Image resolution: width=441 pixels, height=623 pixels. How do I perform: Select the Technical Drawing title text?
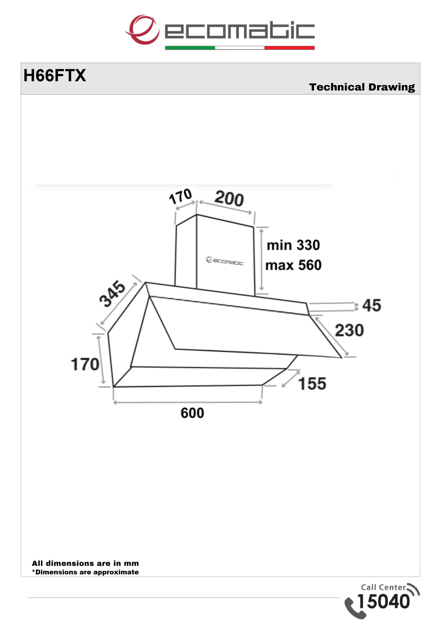pyautogui.click(x=362, y=87)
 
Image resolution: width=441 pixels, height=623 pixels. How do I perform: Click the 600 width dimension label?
pyautogui.click(x=192, y=413)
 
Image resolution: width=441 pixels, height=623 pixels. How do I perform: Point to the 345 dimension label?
pyautogui.click(x=112, y=294)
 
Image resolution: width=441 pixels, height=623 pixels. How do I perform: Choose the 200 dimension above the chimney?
pyautogui.click(x=229, y=198)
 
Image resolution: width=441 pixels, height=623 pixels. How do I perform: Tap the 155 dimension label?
pyautogui.click(x=312, y=384)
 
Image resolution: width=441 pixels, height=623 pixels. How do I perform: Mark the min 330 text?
pyautogui.click(x=293, y=245)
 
